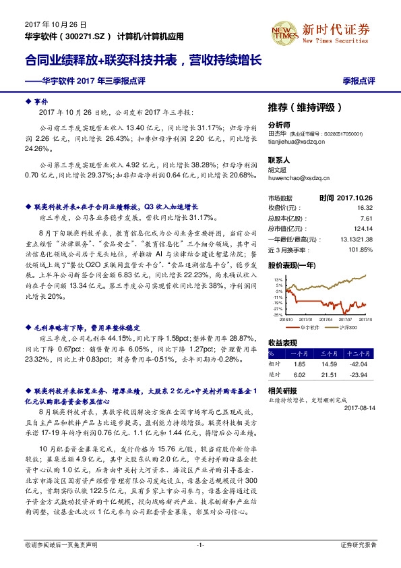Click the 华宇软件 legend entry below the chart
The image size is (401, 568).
(x=312, y=326)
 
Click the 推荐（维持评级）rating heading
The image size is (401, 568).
(x=305, y=107)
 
